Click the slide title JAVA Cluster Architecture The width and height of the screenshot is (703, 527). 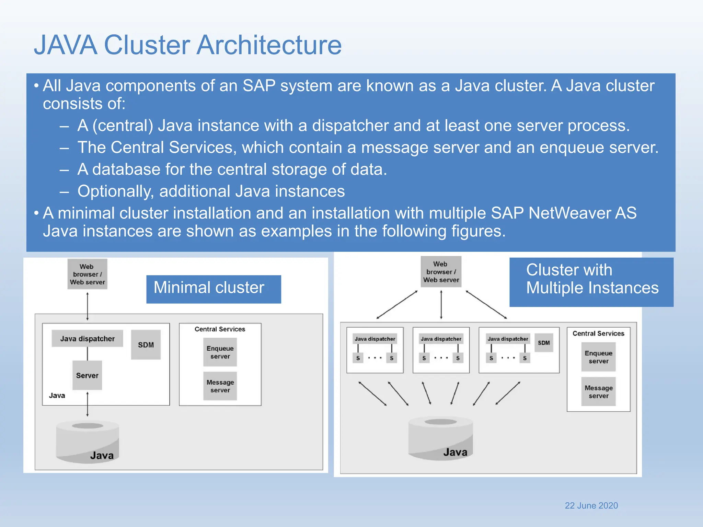click(x=188, y=45)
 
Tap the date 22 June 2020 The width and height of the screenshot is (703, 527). click(x=591, y=505)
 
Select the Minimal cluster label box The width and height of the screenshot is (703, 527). click(x=214, y=289)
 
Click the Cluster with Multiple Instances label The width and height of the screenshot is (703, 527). click(x=591, y=282)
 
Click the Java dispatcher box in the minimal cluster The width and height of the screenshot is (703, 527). click(x=87, y=339)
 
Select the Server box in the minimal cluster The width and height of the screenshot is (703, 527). click(x=87, y=375)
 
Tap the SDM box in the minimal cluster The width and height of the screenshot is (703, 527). click(x=146, y=345)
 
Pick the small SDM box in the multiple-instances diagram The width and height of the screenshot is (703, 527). click(x=544, y=343)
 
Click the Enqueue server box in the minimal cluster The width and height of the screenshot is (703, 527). click(x=220, y=352)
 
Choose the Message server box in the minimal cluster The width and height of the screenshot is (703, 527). click(x=220, y=386)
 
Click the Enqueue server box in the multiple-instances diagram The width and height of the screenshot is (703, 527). click(x=598, y=357)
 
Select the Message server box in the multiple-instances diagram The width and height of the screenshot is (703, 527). click(x=598, y=392)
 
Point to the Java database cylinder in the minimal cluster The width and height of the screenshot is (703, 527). click(x=88, y=443)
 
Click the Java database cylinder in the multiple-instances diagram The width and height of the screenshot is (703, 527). click(x=441, y=439)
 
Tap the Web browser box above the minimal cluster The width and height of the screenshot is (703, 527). click(x=87, y=274)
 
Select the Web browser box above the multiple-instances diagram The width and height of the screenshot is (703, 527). click(x=441, y=272)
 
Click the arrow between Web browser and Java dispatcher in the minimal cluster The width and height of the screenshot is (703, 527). click(x=88, y=306)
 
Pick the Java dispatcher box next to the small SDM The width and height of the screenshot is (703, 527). click(x=508, y=339)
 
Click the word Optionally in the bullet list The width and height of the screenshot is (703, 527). click(x=115, y=191)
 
